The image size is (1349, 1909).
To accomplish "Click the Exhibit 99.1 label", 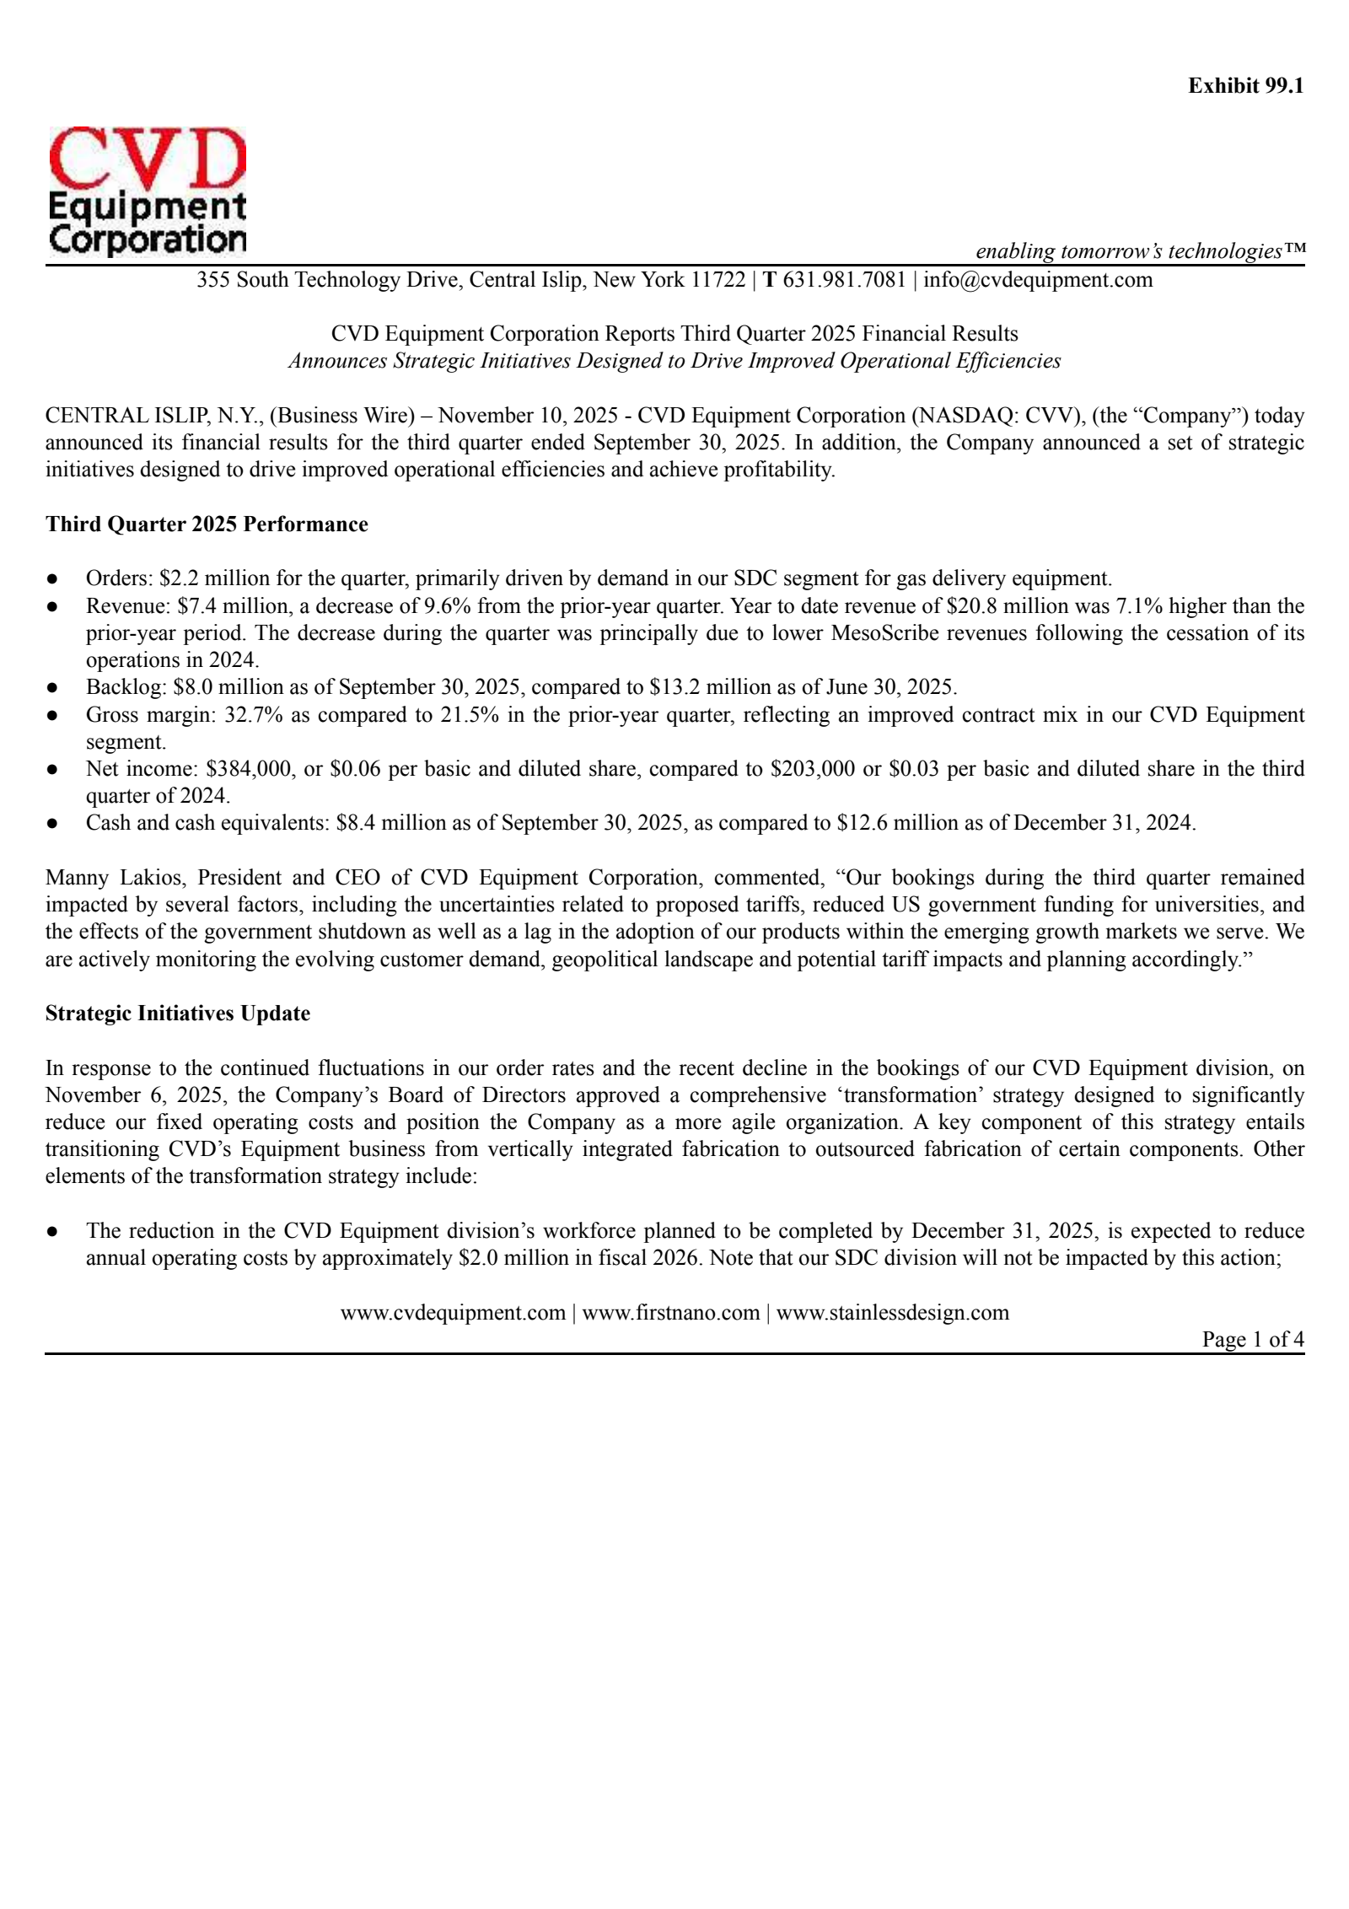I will pyautogui.click(x=1245, y=86).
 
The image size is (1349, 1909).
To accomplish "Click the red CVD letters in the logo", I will pyautogui.click(x=147, y=159).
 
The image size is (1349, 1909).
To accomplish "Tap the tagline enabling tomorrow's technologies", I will pyautogui.click(x=1140, y=250).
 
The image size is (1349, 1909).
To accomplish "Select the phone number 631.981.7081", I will pyautogui.click(x=844, y=279).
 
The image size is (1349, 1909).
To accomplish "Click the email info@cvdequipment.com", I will pyautogui.click(x=1037, y=279).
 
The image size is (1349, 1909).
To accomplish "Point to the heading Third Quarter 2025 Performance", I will pyautogui.click(x=207, y=524).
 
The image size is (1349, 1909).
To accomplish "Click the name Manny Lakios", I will pyautogui.click(x=116, y=877).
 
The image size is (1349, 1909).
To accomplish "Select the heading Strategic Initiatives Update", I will pyautogui.click(x=178, y=1013).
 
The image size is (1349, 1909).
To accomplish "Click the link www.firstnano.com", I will pyautogui.click(x=670, y=1312).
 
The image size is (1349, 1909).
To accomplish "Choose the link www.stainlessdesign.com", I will pyautogui.click(x=892, y=1312).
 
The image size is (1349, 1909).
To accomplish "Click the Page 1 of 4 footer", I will pyautogui.click(x=1252, y=1339).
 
